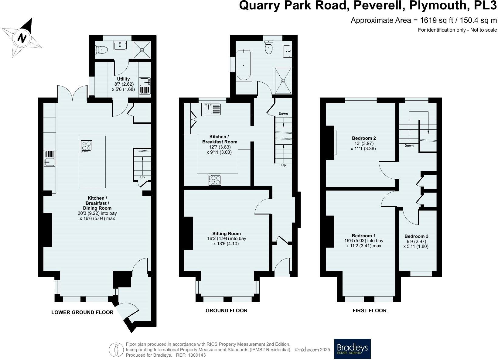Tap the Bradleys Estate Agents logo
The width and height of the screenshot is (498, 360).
[x=352, y=349]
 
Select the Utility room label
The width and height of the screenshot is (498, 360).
[x=123, y=79]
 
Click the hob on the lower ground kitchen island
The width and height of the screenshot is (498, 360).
[x=86, y=147]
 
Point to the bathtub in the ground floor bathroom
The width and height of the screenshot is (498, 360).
[x=244, y=65]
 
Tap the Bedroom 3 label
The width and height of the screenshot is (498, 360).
[x=416, y=236]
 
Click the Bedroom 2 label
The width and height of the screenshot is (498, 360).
[x=364, y=138]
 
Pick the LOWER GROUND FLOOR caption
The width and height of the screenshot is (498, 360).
[x=82, y=312]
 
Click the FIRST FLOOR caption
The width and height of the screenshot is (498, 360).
[x=369, y=310]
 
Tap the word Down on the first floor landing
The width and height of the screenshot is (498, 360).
[x=409, y=146]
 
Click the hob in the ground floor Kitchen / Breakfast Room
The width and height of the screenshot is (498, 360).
[x=215, y=180]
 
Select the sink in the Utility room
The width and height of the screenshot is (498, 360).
[x=145, y=82]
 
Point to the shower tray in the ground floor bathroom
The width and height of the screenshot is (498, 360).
[x=283, y=81]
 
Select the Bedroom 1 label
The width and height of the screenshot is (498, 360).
[x=363, y=236]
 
